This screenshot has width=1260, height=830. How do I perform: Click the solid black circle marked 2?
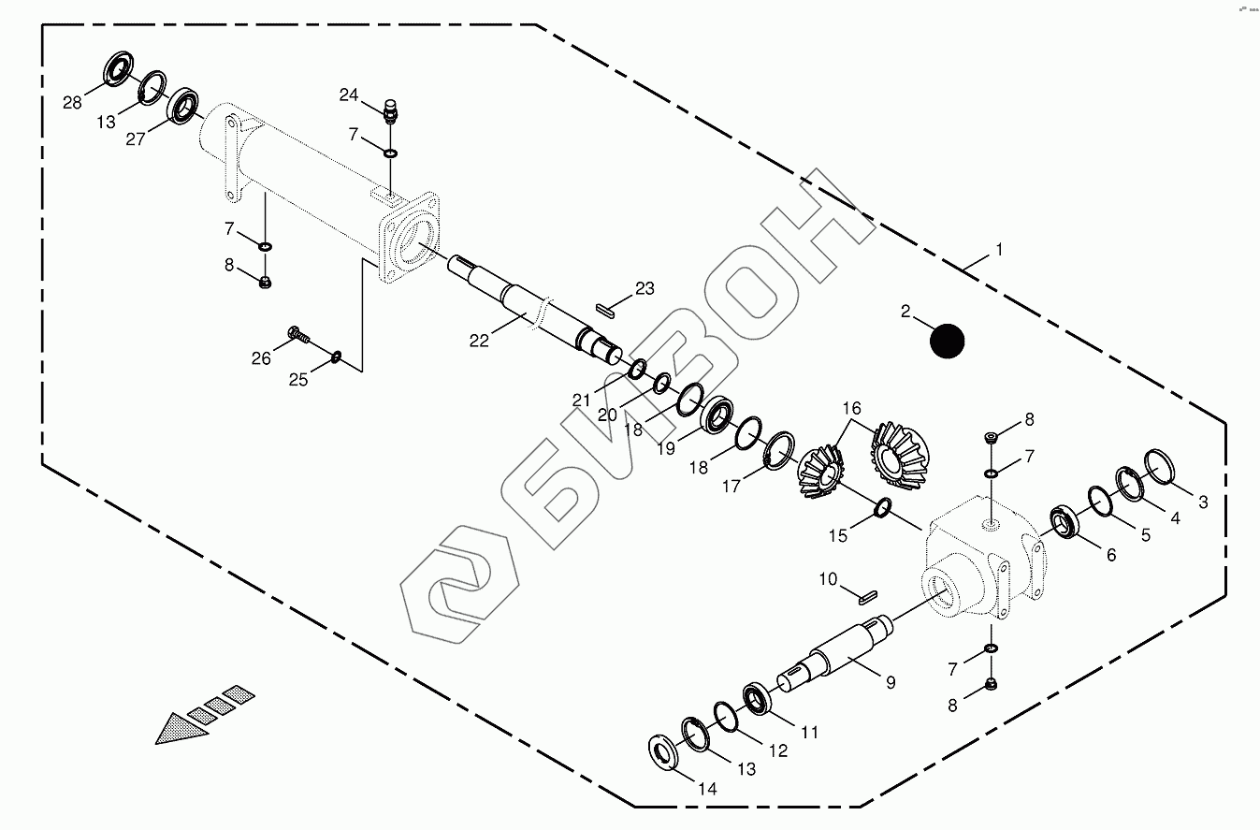click(948, 341)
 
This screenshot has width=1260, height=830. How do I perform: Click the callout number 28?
click(73, 103)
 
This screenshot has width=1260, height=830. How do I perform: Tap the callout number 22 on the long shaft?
click(479, 341)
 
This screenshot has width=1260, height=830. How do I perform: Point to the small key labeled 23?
click(604, 307)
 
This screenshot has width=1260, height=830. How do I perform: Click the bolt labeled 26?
click(298, 332)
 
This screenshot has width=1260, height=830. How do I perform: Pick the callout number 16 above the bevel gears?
click(850, 408)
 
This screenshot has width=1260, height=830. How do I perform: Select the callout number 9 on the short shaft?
click(890, 683)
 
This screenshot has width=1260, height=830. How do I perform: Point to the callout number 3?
click(1203, 502)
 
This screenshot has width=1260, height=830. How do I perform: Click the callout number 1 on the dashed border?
click(999, 250)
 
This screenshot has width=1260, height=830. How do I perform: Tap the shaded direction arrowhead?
click(182, 727)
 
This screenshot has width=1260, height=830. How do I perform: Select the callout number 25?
click(297, 379)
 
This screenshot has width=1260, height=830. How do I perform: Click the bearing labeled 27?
click(181, 105)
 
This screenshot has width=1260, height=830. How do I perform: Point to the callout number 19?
click(665, 449)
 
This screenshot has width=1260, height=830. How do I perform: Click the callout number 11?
click(809, 733)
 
